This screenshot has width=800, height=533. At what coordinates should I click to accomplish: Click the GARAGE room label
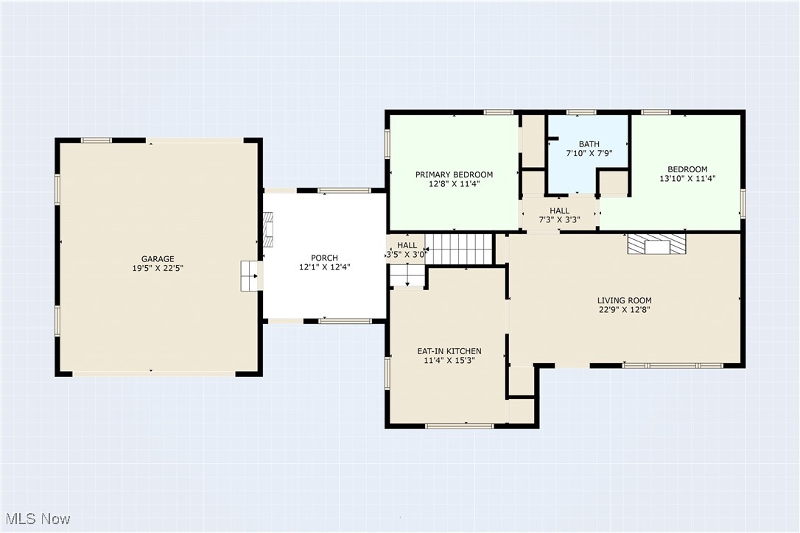point(158,259)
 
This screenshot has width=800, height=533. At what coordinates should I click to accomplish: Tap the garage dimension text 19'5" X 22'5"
point(158,268)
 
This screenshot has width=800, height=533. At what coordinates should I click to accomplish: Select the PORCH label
point(324,258)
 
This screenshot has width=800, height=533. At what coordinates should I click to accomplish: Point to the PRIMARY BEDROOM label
point(454,174)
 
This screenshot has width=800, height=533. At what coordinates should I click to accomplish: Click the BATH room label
point(589,144)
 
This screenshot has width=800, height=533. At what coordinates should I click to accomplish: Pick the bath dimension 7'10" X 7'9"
point(589,153)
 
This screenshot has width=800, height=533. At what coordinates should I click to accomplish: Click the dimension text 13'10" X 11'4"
point(688,178)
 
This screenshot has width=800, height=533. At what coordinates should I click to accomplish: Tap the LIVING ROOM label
point(625,300)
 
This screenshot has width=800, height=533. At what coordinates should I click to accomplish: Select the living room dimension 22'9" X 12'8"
point(625,310)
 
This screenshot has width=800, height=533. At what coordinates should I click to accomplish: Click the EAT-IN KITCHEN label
point(449,351)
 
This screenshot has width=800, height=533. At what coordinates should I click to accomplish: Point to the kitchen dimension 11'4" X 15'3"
point(449,360)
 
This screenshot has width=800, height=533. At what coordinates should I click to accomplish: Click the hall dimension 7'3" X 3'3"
point(560,220)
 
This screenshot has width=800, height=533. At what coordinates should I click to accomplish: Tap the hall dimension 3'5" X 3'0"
point(407,255)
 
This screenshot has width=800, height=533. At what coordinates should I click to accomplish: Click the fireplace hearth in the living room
point(656,244)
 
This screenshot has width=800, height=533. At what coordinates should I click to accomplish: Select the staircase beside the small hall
point(459,249)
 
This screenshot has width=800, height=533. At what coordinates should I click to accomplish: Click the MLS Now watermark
point(38,519)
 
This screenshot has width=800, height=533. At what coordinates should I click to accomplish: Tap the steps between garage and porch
point(249,276)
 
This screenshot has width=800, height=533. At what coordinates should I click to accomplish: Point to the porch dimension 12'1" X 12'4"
point(324,267)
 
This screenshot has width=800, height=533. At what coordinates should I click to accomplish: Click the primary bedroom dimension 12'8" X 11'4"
point(454,183)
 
